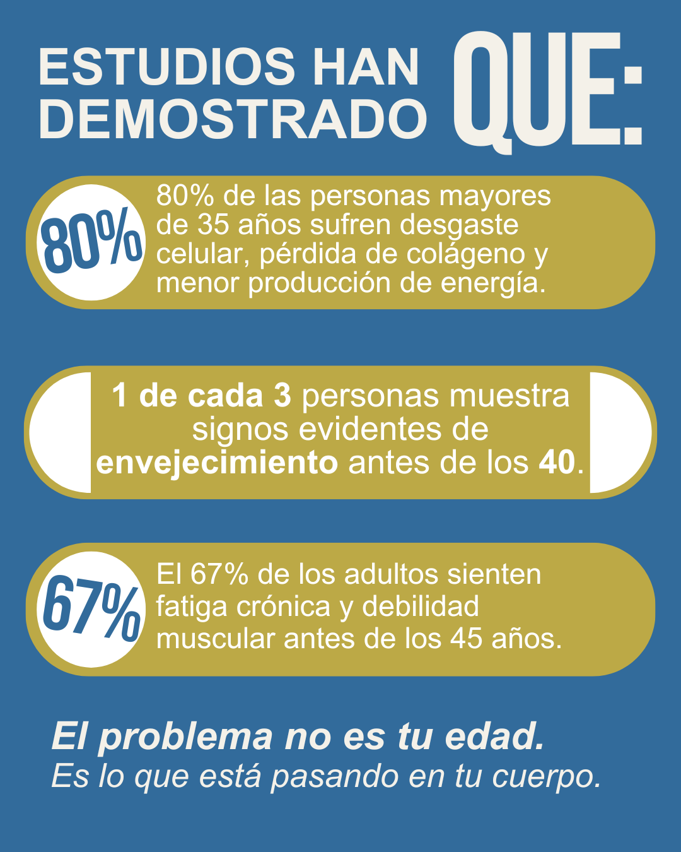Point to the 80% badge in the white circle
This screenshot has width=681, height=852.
(x=91, y=242)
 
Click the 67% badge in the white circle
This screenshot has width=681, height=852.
(x=91, y=609)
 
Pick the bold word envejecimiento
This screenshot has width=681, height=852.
(x=217, y=463)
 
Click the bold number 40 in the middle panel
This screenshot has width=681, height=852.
(x=557, y=463)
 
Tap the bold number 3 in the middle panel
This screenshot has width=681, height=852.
(x=282, y=396)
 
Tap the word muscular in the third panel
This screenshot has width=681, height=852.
(x=216, y=639)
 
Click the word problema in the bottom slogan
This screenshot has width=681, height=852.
(x=186, y=737)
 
